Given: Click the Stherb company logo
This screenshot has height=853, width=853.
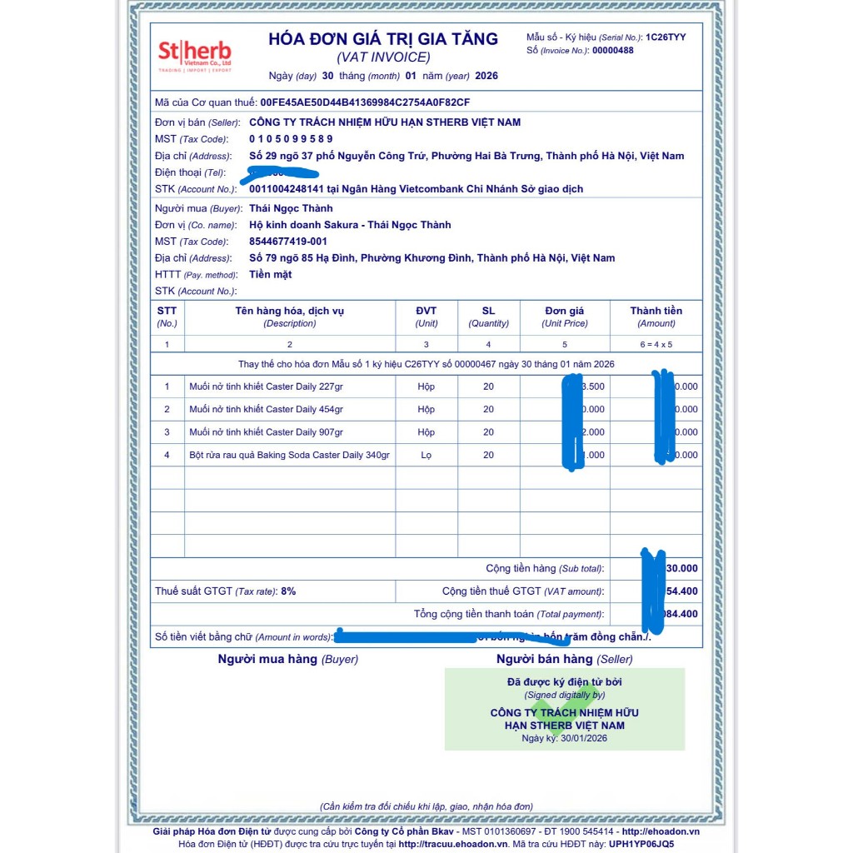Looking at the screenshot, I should (x=195, y=55).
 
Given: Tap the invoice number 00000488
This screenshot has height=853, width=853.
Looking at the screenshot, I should (x=612, y=51).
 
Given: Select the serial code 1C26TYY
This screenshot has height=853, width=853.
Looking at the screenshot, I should (x=666, y=37).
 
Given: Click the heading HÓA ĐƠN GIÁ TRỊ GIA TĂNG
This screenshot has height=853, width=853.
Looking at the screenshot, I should (x=383, y=39).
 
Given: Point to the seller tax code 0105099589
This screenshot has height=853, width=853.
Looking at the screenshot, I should (x=291, y=139).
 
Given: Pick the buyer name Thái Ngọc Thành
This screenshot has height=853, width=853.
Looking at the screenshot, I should (x=291, y=208).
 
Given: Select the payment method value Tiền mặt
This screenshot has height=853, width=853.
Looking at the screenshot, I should (x=270, y=275).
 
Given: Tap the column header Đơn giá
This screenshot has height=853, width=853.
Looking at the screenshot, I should (x=565, y=311).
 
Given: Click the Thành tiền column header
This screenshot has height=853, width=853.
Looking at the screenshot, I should (x=656, y=311).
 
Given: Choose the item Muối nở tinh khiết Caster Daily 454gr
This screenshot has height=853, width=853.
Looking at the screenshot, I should (x=266, y=410).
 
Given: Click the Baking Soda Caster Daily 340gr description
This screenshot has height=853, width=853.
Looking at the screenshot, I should (x=289, y=456).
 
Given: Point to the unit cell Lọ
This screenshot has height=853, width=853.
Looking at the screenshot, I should (x=426, y=456).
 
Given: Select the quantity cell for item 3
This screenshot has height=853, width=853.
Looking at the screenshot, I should (x=488, y=432).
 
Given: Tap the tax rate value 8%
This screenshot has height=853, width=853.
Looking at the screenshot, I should (x=287, y=591).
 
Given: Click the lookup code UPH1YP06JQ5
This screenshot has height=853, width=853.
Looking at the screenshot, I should (x=641, y=844).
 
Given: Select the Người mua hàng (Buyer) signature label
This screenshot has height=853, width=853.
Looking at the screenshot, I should (x=287, y=660).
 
